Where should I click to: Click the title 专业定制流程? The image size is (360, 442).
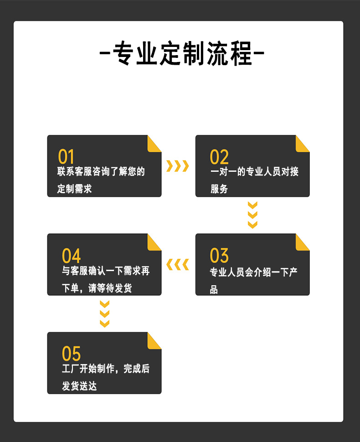click(182, 53)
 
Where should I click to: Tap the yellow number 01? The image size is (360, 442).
click(66, 157)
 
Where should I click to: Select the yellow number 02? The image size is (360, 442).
click(219, 157)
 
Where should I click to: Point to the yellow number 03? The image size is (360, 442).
click(219, 255)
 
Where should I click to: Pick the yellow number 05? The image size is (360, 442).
click(72, 354)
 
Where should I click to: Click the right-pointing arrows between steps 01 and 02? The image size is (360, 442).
click(178, 166)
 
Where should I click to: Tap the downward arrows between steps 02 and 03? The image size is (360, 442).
click(252, 215)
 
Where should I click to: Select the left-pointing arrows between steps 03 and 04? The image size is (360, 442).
click(178, 265)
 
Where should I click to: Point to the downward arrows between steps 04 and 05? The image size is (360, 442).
click(105, 314)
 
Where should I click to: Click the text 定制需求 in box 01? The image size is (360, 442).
click(74, 189)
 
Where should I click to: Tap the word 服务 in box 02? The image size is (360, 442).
click(219, 189)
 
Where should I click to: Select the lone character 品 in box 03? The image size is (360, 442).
click(214, 289)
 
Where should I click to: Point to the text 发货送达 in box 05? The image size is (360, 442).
click(79, 385)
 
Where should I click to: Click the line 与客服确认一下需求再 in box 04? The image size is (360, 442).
click(106, 271)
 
